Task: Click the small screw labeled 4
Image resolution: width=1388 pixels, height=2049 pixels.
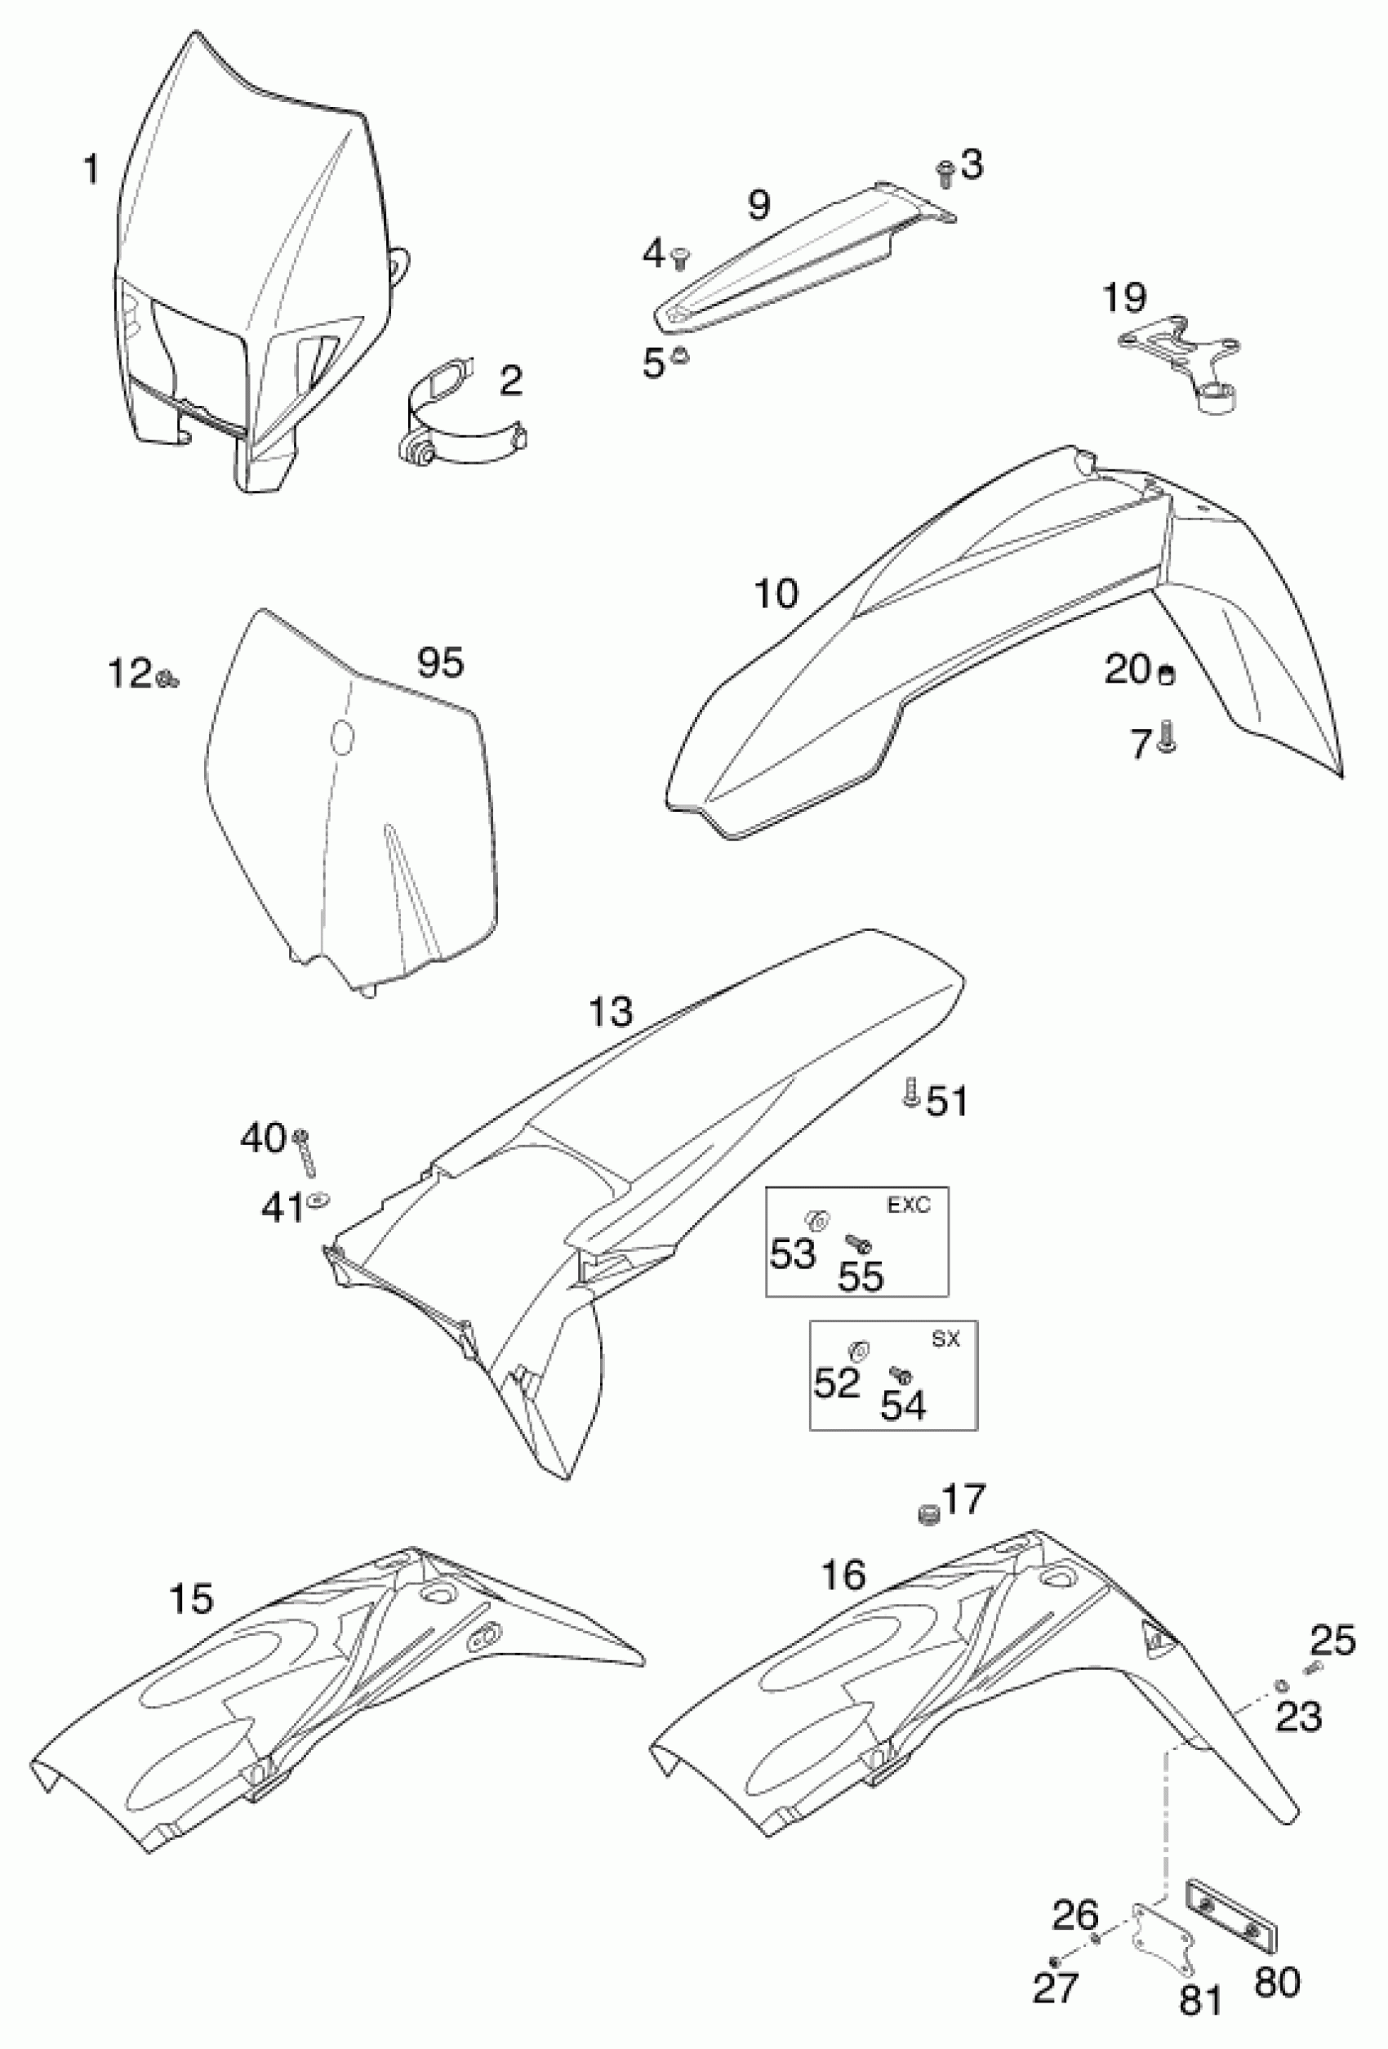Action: (679, 257)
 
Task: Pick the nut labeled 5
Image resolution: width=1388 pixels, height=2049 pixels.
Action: (679, 356)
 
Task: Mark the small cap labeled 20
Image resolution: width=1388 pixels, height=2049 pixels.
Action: (1166, 675)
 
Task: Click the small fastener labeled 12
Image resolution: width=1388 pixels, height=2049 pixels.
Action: (167, 678)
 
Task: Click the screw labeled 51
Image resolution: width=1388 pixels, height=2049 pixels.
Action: (910, 1094)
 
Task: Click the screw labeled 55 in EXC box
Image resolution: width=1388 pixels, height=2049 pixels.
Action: (859, 1243)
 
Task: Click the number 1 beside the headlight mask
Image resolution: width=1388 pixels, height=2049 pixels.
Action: (91, 169)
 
